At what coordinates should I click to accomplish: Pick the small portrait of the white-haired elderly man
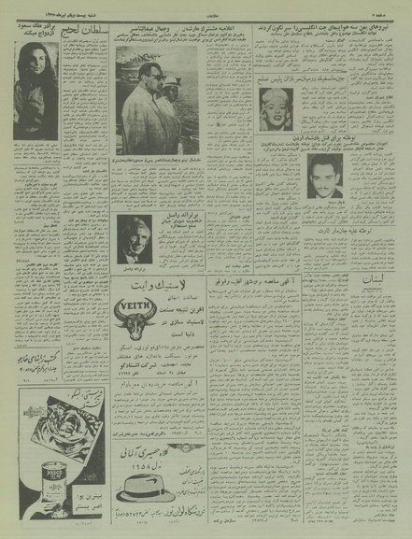tap(132, 240)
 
